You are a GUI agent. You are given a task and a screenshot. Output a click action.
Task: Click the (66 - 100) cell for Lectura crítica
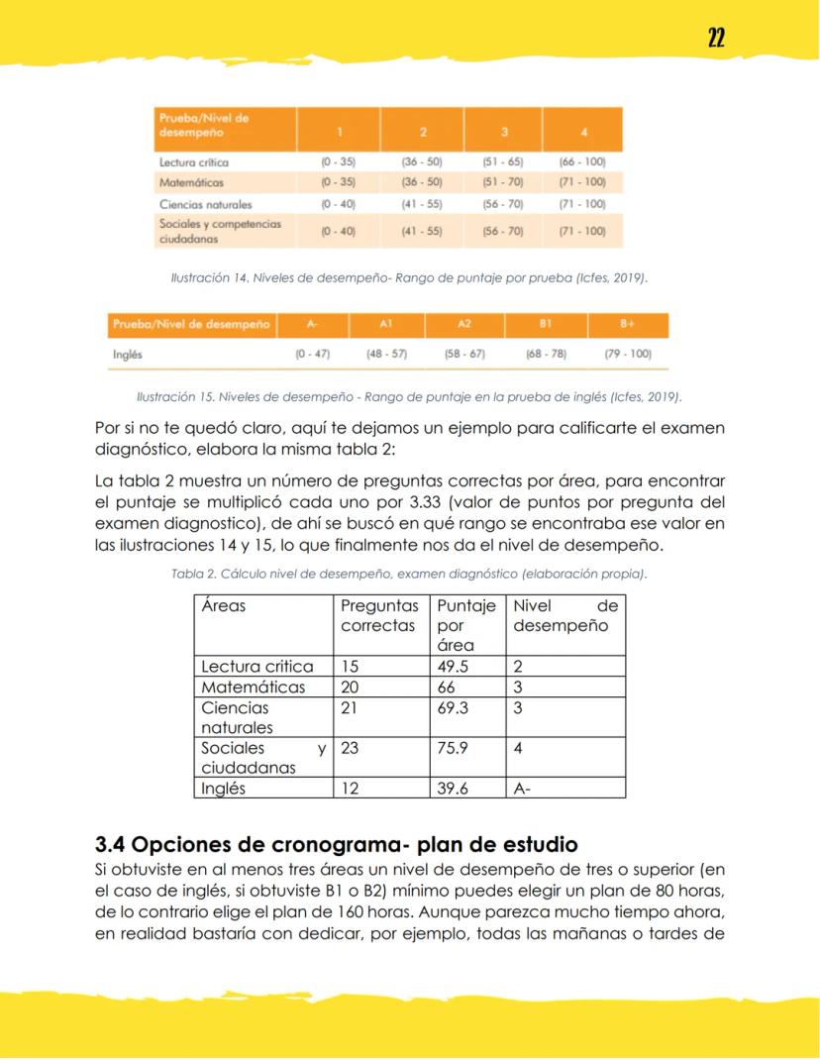coord(582,161)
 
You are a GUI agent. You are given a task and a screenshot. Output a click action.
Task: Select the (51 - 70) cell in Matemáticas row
coord(502,182)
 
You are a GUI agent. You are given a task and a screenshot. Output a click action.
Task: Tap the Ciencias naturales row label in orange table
coord(206,204)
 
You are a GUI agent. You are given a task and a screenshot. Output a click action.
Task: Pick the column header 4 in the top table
coord(582,131)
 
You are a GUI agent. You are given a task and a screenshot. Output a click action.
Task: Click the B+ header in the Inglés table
coord(628,325)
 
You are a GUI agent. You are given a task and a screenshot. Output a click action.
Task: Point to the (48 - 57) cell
coord(386,353)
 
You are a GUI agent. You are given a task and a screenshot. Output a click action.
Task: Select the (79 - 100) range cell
coord(628,353)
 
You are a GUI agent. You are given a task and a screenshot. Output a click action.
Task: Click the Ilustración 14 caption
coord(410,278)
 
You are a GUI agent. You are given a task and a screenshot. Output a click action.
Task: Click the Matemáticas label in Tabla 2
coord(254,688)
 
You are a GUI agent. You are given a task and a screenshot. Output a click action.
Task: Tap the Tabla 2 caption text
coord(409,575)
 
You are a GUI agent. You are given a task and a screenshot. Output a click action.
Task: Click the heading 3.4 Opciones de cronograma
coord(336,845)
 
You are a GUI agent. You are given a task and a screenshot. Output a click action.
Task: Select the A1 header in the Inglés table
coord(386,325)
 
